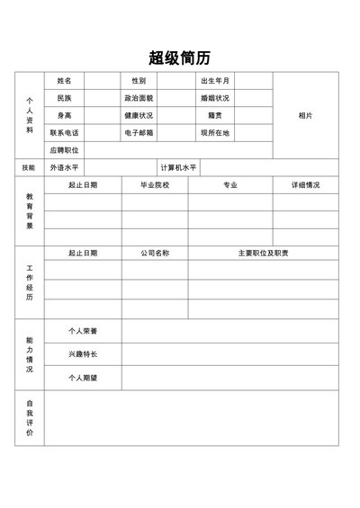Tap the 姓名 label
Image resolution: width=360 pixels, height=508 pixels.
(x=65, y=81)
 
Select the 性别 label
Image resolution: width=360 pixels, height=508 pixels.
(x=139, y=81)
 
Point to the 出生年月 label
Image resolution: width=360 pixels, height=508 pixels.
(x=215, y=81)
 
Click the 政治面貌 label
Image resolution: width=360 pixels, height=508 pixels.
(x=139, y=98)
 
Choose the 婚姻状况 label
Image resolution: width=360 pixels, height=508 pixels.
(x=215, y=98)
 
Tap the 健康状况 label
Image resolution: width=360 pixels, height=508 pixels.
(x=139, y=115)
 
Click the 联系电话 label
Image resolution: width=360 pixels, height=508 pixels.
(x=65, y=132)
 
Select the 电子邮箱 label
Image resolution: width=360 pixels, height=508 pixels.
(x=139, y=132)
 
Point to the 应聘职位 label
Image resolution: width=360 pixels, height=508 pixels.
(x=65, y=150)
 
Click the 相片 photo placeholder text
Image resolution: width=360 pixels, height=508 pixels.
(x=305, y=115)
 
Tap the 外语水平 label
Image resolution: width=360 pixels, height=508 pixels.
(x=65, y=167)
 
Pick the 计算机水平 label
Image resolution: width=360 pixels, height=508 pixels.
(x=178, y=167)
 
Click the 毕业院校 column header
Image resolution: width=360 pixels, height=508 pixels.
(x=155, y=185)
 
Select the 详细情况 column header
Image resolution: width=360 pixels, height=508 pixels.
(x=305, y=185)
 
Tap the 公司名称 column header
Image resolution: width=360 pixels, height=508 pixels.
(x=155, y=253)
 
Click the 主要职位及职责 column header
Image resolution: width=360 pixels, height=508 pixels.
(x=263, y=253)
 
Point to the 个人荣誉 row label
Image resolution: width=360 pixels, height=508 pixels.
(x=83, y=331)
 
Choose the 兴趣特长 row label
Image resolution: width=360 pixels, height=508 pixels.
(x=83, y=354)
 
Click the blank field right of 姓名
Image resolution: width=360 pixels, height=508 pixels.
(x=103, y=81)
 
